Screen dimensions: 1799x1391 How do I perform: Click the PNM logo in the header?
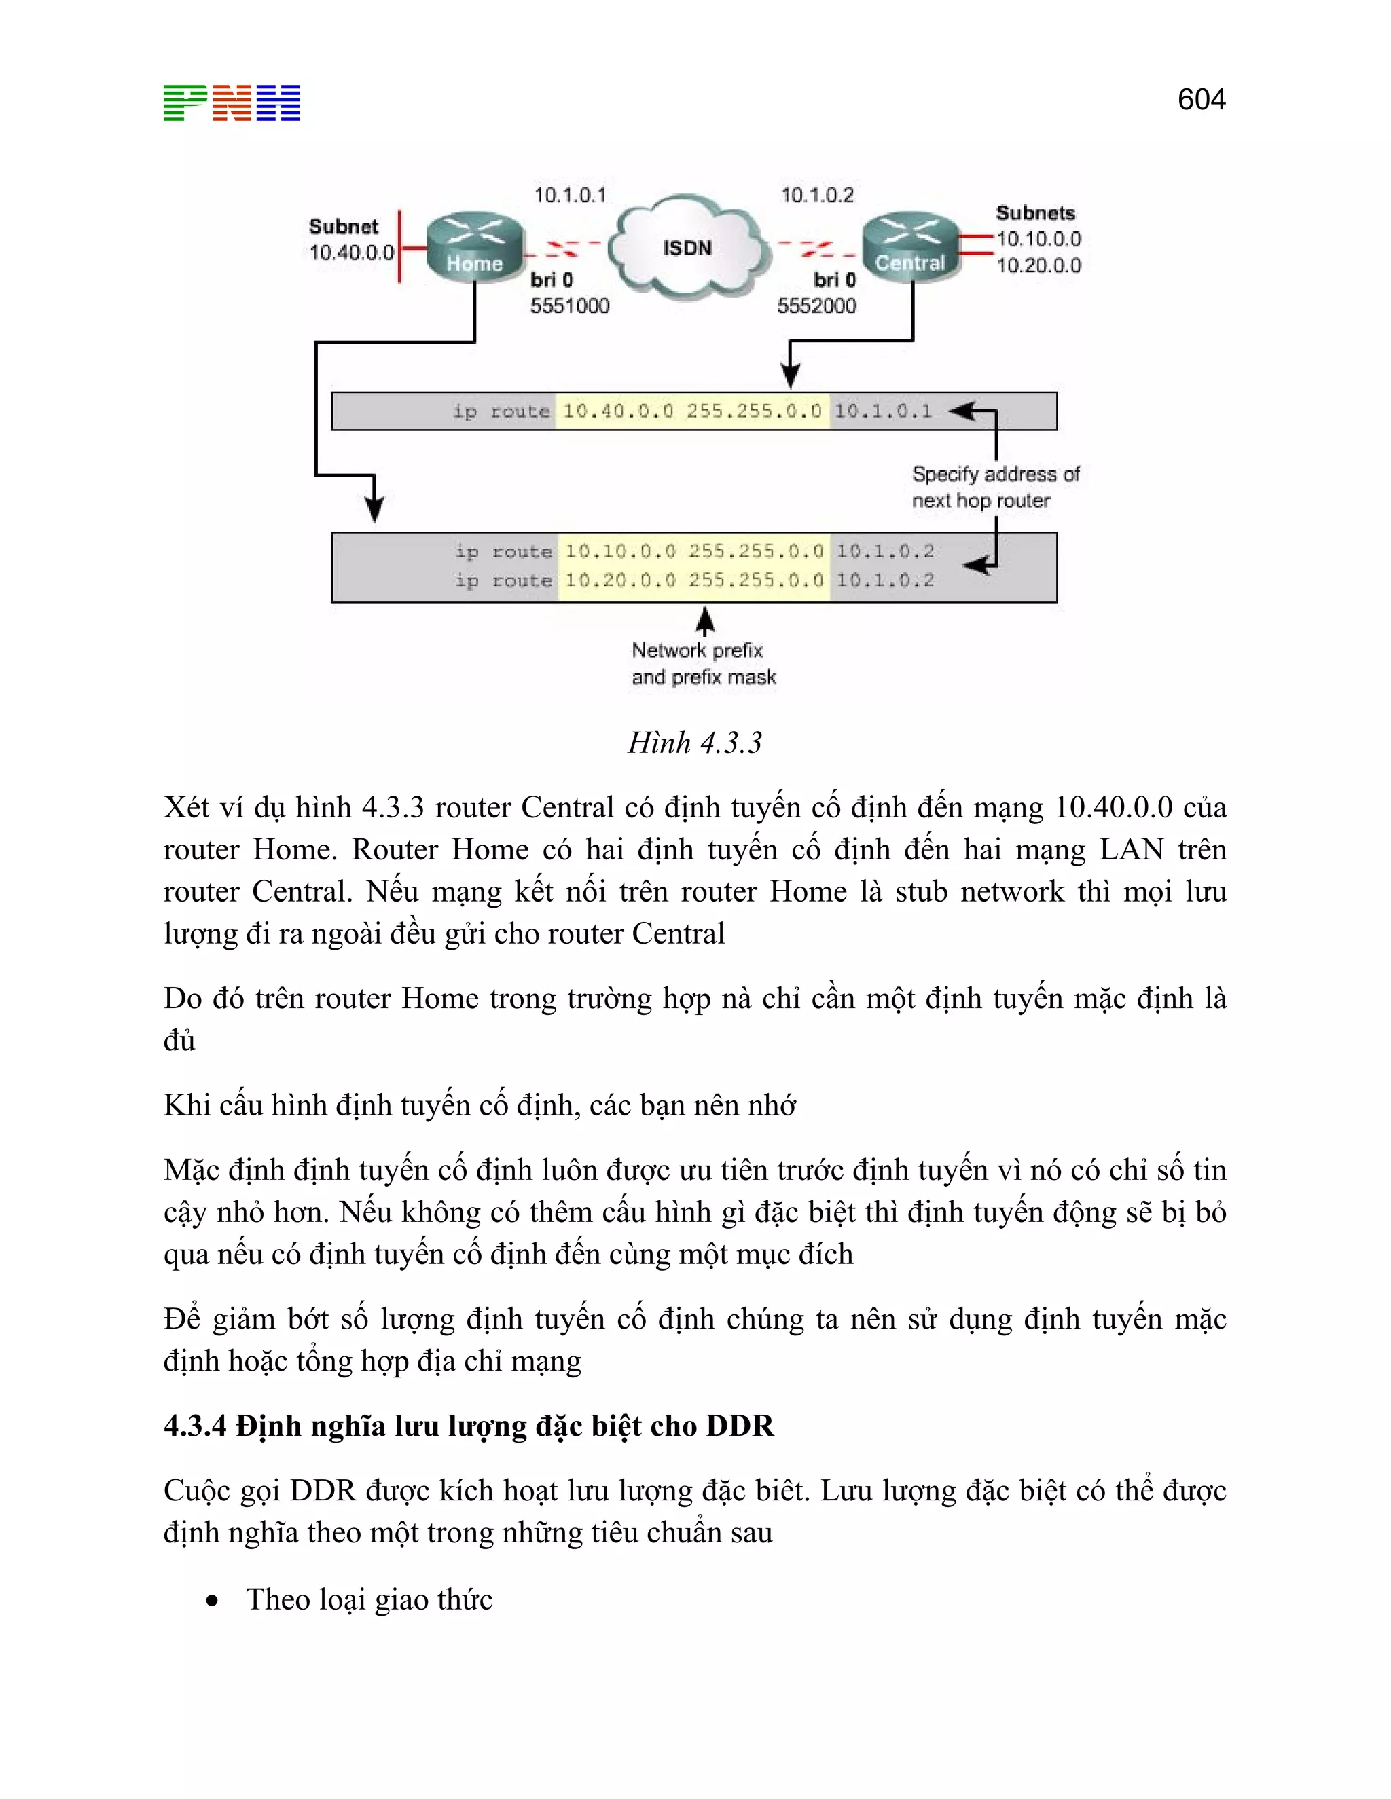coord(232,103)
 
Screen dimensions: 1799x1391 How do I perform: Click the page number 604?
coord(1201,100)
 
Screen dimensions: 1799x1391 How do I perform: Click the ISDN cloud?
coord(687,247)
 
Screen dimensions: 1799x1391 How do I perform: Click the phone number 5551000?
coord(569,306)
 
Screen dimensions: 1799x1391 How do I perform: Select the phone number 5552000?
coord(816,306)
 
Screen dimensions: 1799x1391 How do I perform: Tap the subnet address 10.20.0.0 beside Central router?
coord(1038,265)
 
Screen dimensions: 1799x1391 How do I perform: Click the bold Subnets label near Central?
coord(1035,213)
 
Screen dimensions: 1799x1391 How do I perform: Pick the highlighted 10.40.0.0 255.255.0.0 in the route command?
coord(692,411)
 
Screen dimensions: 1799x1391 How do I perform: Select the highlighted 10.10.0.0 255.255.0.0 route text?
coord(694,551)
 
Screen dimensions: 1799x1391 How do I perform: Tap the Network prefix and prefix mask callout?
coord(703,663)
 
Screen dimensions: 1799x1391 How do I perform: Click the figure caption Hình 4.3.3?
coord(695,743)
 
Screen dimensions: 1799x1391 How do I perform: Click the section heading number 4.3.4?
coord(194,1426)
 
